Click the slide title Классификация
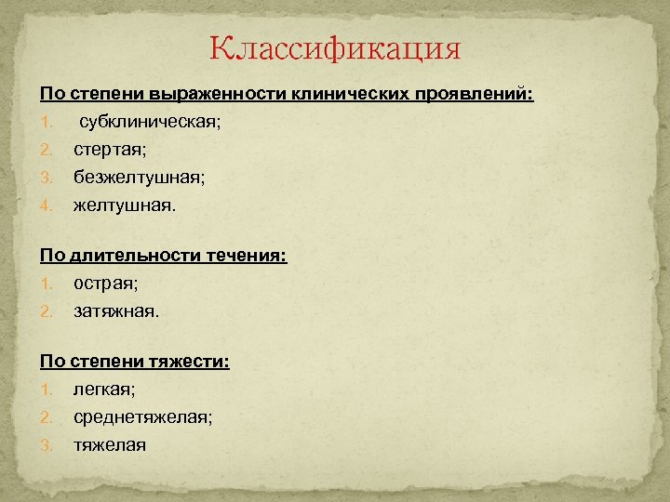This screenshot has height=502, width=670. click(335, 48)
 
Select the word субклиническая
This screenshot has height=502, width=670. click(149, 122)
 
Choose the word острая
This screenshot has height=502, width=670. click(105, 284)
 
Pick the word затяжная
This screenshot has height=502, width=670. click(116, 311)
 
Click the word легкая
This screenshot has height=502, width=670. click(104, 391)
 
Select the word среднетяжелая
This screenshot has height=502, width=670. click(142, 418)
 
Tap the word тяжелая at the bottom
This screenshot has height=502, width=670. click(110, 445)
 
